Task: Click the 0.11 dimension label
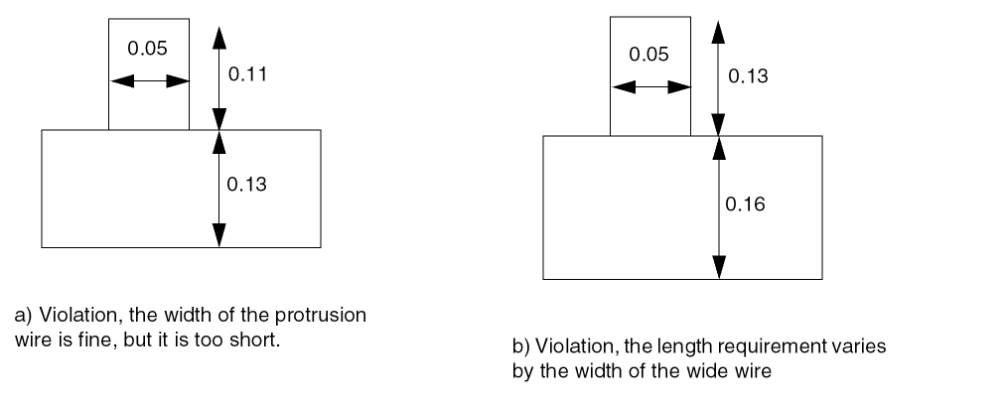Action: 247,73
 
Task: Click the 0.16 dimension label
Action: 745,204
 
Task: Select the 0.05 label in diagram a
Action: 147,49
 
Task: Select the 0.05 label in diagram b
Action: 649,55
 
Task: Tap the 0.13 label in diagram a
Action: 247,184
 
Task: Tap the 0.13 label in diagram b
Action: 748,76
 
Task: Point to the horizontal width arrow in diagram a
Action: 148,80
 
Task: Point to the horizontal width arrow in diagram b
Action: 650,86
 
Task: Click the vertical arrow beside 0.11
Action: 219,74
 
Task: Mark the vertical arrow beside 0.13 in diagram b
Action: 719,76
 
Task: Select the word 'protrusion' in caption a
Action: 330,316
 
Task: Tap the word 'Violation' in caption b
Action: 560,347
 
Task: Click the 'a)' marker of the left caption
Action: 22,316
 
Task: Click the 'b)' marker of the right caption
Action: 518,347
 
